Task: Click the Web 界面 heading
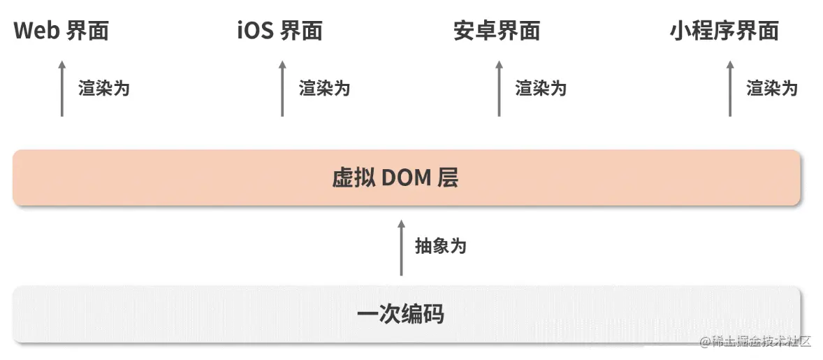tap(61, 31)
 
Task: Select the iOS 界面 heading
tap(279, 31)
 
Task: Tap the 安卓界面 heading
tap(497, 31)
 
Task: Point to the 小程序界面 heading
tap(724, 31)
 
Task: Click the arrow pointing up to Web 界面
tap(61, 88)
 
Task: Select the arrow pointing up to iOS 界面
tap(282, 88)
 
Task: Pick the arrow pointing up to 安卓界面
tap(499, 88)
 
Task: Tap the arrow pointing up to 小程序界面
tap(730, 88)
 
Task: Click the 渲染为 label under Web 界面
tap(104, 89)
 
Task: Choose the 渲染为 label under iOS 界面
tap(325, 89)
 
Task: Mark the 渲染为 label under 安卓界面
tap(541, 89)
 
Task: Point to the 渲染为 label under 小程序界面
tap(772, 89)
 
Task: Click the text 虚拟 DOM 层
tap(395, 178)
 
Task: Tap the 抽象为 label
tap(440, 246)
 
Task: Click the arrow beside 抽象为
tap(401, 247)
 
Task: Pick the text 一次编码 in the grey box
tap(400, 314)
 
